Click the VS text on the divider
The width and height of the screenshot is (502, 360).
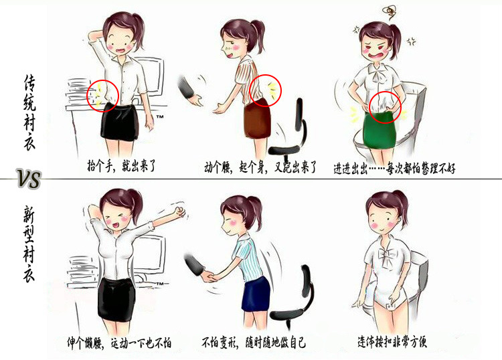tap(29, 179)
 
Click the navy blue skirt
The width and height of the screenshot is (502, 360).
tap(256, 294)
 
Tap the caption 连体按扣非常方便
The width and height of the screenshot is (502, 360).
tap(392, 341)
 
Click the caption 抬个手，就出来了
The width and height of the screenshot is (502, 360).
tap(122, 166)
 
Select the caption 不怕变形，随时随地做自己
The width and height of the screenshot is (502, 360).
tap(254, 343)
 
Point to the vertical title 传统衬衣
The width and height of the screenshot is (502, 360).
tap(29, 112)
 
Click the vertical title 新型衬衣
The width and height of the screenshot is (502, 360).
tap(29, 244)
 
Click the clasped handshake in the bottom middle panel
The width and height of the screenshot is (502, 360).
tap(208, 276)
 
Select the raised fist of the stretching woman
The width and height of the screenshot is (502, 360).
tap(179, 211)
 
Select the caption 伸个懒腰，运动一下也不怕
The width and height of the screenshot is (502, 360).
tap(119, 343)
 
